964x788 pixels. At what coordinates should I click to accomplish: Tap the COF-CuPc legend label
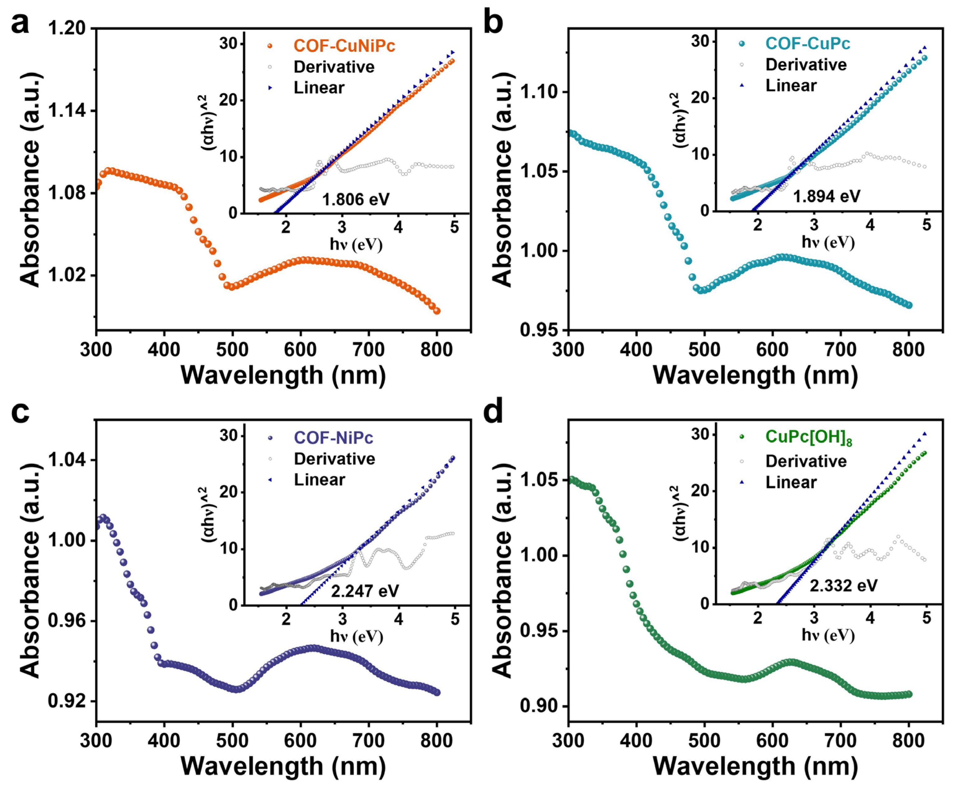pyautogui.click(x=808, y=44)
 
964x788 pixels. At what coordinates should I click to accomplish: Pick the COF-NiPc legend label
pyautogui.click(x=334, y=438)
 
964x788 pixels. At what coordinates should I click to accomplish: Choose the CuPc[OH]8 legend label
pyautogui.click(x=808, y=437)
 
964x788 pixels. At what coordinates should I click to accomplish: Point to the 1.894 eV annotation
pyautogui.click(x=827, y=196)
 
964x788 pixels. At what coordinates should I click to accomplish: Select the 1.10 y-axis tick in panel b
pyautogui.click(x=539, y=92)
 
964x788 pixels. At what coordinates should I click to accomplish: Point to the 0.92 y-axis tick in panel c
pyautogui.click(x=67, y=701)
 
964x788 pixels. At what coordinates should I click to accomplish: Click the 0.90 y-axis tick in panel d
pyautogui.click(x=539, y=707)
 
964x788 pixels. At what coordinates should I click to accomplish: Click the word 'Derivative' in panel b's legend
pyautogui.click(x=806, y=65)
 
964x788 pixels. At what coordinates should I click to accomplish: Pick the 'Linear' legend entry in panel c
pyautogui.click(x=319, y=480)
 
